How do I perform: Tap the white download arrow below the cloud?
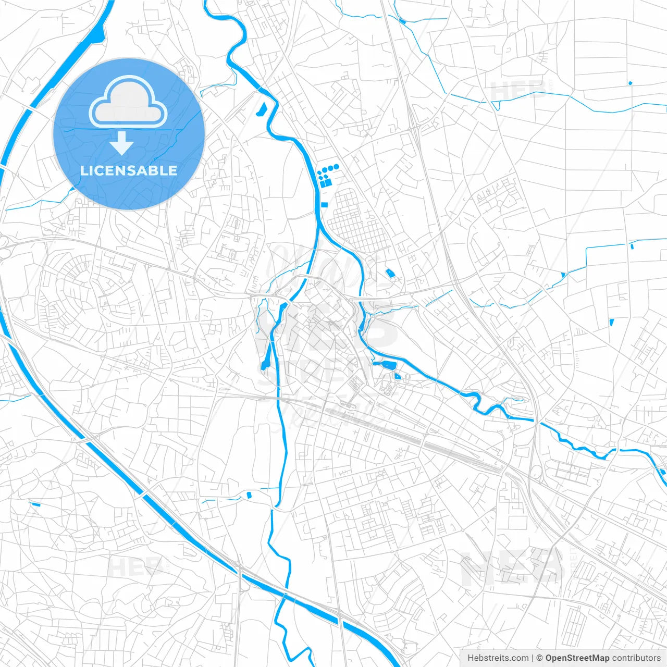coord(122,144)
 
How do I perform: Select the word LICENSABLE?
coord(129,170)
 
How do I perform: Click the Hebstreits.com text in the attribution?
coord(498,658)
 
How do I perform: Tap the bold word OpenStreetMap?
coord(577,658)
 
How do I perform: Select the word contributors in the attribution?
coord(636,658)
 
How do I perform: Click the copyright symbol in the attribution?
coord(540,658)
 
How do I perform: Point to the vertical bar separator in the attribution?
coord(533,658)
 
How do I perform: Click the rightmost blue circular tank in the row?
coord(337,167)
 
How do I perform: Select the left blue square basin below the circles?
coord(323,184)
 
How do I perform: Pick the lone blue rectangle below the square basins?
coord(325,204)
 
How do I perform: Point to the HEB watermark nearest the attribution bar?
coord(511,568)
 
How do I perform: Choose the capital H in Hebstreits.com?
coord(470,658)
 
